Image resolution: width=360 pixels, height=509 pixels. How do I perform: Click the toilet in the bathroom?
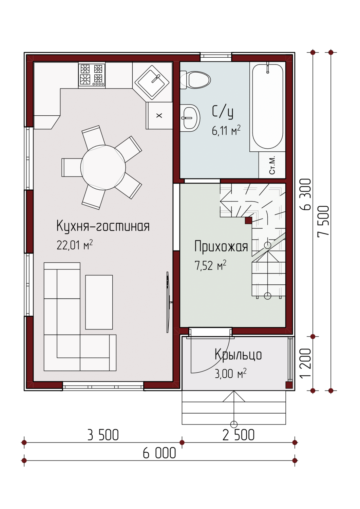pos(195,80)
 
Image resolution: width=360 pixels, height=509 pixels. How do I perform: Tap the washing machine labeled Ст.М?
pos(272,165)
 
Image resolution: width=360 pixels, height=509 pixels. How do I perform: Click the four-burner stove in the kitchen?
pos(92,75)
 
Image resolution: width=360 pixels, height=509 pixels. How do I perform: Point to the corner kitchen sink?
pos(152,82)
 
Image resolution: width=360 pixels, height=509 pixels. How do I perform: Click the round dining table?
pos(103,168)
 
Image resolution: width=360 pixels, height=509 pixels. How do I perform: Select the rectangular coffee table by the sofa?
pos(99,302)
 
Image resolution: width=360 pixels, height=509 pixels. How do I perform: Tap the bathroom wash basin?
pos(190,118)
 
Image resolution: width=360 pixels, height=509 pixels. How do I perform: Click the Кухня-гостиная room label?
pos(103,226)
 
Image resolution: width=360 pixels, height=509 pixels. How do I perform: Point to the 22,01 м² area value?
pos(75,245)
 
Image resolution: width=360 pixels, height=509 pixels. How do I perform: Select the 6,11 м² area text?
pos(226,130)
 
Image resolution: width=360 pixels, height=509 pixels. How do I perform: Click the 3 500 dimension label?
pos(103,435)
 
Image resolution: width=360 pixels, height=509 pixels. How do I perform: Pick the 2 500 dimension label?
pos(239,435)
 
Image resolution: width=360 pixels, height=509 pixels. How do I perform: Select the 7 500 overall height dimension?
pos(323,221)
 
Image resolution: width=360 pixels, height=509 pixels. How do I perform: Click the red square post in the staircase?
pos(248,221)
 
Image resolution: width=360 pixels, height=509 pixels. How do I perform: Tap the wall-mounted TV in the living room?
pos(168,302)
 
